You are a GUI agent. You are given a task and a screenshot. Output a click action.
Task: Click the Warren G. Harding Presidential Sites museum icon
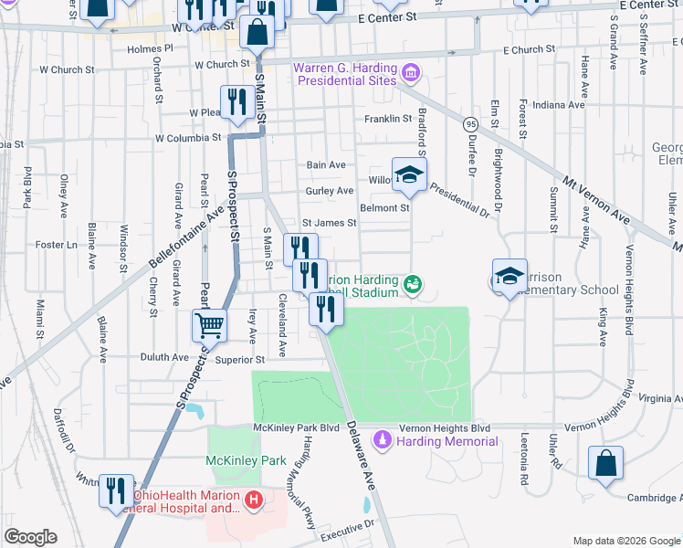(410, 71)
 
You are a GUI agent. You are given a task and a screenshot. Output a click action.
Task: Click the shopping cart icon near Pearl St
(209, 323)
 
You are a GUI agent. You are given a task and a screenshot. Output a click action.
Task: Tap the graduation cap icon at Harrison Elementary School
(510, 273)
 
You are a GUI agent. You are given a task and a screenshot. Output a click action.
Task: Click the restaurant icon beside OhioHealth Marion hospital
(116, 490)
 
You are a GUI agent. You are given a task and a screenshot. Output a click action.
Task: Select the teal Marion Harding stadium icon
(413, 285)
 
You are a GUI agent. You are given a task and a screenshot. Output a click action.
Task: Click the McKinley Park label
(241, 459)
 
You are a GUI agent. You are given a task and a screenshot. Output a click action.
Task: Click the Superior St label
(239, 360)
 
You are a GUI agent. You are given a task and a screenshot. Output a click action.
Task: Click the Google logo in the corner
(30, 537)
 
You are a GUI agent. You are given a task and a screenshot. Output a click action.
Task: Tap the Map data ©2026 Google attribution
(625, 541)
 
